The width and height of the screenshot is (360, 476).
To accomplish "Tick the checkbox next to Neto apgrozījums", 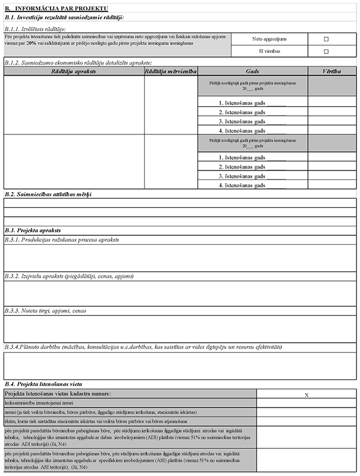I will pyautogui.click(x=326, y=39).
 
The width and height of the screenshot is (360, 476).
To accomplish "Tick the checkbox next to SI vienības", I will pyautogui.click(x=326, y=52).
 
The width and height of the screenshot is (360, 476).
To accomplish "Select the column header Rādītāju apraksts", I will pyautogui.click(x=74, y=71).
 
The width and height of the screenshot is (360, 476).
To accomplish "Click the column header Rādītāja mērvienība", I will pyautogui.click(x=171, y=71).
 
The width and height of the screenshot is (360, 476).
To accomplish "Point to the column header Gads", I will pyautogui.click(x=253, y=71).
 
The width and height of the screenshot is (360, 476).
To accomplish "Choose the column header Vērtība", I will pyautogui.click(x=332, y=71).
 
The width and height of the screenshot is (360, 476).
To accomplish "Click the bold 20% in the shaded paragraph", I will pyautogui.click(x=32, y=43).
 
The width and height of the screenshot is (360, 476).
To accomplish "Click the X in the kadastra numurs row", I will pyautogui.click(x=307, y=394).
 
